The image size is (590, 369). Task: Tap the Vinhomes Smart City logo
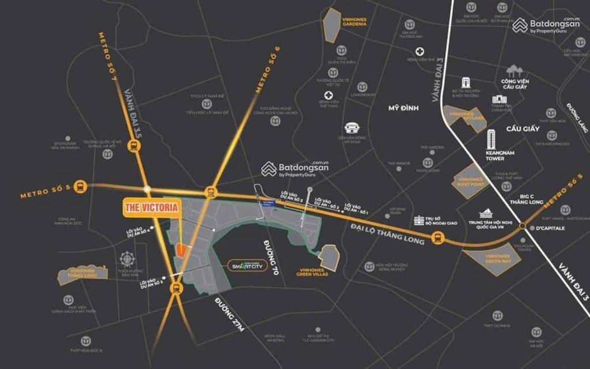247,267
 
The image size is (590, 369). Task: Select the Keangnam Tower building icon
491,139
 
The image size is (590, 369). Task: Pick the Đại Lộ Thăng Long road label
387,234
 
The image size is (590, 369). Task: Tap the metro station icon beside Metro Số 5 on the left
80,187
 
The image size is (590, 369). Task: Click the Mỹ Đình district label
403,108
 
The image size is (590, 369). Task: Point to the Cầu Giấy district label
523,128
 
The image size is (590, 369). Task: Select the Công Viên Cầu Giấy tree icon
513,71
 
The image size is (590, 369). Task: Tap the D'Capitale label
549,228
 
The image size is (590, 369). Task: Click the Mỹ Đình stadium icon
351,127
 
